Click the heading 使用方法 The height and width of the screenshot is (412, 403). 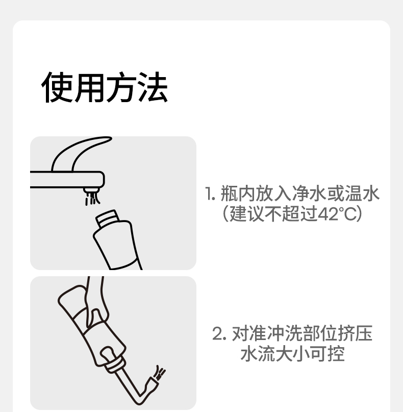click(105, 87)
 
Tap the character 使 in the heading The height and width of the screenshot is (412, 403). click(57, 87)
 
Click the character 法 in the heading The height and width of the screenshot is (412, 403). click(153, 87)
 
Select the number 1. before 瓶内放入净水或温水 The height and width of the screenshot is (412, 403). click(210, 193)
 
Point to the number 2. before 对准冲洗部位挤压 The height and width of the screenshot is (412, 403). click(219, 334)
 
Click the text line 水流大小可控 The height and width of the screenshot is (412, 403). click(292, 354)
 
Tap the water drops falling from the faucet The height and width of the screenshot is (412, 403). click(92, 199)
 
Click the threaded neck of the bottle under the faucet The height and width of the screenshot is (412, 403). click(108, 219)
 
